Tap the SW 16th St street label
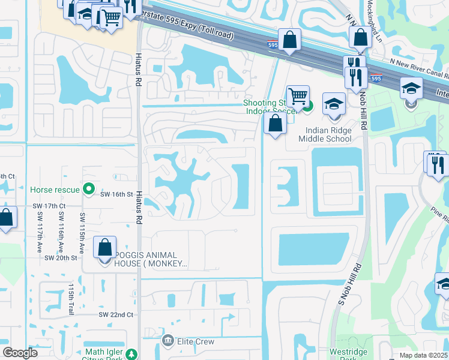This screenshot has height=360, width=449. [x=116, y=194]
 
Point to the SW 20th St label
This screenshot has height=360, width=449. [x=61, y=257]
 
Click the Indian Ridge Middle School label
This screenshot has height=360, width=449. [x=328, y=139]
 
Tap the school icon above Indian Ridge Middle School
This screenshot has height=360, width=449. [x=334, y=103]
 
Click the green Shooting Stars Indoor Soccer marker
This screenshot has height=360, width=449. [x=307, y=107]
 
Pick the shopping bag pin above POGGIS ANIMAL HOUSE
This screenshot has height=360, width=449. [x=105, y=247]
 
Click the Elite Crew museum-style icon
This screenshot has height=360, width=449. [x=168, y=341]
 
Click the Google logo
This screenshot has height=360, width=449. [x=20, y=353]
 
